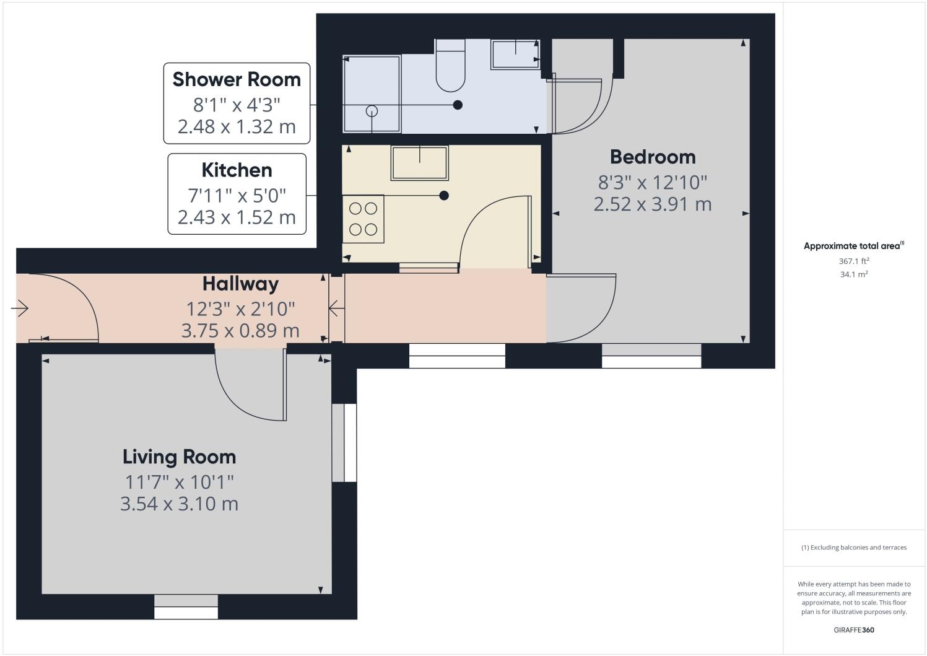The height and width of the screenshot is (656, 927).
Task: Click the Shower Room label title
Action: [237, 79]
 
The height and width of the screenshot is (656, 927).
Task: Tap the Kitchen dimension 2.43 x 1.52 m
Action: [237, 217]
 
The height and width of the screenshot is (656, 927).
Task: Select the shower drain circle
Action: [372, 111]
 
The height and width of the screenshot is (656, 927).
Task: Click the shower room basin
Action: [515, 55]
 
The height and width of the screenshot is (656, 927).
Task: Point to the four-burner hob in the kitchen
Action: [363, 219]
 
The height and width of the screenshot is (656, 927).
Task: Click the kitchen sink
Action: [419, 162]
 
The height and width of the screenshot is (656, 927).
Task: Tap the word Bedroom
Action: [653, 157]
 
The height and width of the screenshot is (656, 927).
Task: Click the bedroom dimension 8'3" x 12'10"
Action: [653, 182]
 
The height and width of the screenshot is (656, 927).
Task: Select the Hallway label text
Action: [240, 284]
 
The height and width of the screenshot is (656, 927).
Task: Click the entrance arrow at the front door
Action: [20, 308]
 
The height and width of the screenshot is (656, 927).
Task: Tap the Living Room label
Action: [179, 457]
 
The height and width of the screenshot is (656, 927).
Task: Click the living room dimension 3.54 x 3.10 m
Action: [179, 504]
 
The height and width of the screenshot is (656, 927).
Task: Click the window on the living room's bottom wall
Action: [186, 606]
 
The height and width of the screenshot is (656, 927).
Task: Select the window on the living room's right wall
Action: [344, 443]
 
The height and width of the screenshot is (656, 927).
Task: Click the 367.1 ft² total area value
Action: [853, 261]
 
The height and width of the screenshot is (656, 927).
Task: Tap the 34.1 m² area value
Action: [853, 274]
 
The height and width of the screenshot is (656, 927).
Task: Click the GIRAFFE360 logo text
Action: [853, 630]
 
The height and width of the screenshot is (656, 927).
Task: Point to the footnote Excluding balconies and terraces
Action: [853, 548]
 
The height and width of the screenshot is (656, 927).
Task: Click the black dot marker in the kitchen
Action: [443, 196]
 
